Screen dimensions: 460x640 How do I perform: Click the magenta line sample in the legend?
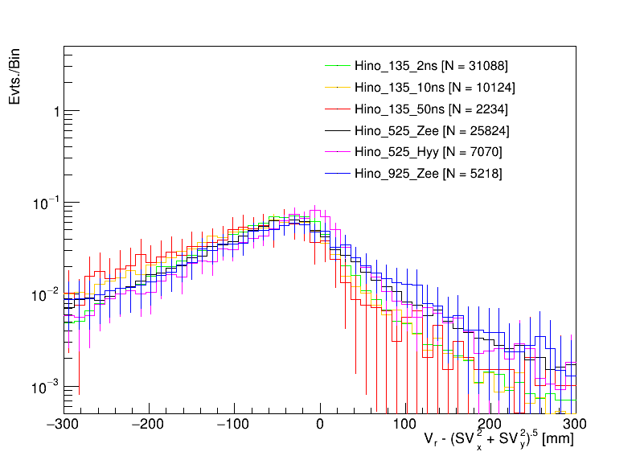[337, 152]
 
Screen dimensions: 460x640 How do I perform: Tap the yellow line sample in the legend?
[337, 87]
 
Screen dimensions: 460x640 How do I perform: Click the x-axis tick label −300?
[64, 423]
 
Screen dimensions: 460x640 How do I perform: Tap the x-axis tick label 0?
[319, 423]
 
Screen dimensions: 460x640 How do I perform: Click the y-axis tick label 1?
[55, 111]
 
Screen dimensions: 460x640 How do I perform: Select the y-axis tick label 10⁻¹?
[47, 203]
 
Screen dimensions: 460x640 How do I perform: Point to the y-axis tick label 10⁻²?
[47, 295]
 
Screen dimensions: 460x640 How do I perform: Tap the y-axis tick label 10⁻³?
[47, 388]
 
